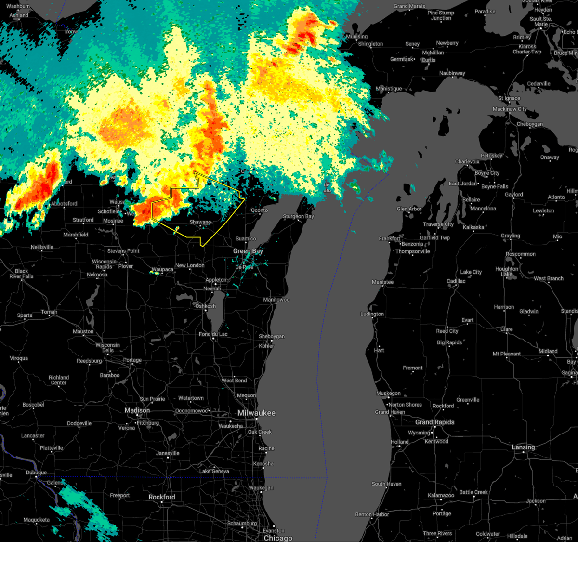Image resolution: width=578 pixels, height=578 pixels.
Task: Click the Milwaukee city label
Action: click(256, 413)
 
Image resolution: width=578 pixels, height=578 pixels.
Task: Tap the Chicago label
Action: click(278, 538)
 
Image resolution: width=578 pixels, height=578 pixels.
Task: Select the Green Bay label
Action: click(248, 251)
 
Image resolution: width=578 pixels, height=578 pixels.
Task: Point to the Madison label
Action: click(137, 410)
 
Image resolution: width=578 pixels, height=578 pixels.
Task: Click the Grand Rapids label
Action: click(434, 422)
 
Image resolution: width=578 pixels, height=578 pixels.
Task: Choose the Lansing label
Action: click(523, 447)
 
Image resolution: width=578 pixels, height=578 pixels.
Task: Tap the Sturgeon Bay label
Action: click(298, 216)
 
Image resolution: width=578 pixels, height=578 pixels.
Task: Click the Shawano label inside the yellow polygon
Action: click(200, 222)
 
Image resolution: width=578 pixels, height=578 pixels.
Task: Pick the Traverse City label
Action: click(438, 224)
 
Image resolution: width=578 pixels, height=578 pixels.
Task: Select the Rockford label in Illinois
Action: click(162, 497)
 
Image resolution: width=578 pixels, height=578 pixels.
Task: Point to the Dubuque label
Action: click(36, 473)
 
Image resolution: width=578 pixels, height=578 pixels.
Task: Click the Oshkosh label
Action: click(206, 306)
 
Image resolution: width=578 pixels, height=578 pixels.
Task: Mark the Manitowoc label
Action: click(276, 300)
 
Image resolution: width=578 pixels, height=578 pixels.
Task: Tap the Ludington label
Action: click(372, 314)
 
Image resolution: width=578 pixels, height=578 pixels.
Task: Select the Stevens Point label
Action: click(123, 251)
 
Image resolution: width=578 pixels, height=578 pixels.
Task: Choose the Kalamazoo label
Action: click(441, 495)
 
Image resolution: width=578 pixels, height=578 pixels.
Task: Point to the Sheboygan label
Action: click(272, 336)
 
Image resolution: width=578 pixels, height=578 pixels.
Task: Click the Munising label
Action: click(356, 37)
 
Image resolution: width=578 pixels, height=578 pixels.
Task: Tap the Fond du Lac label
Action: click(213, 334)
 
